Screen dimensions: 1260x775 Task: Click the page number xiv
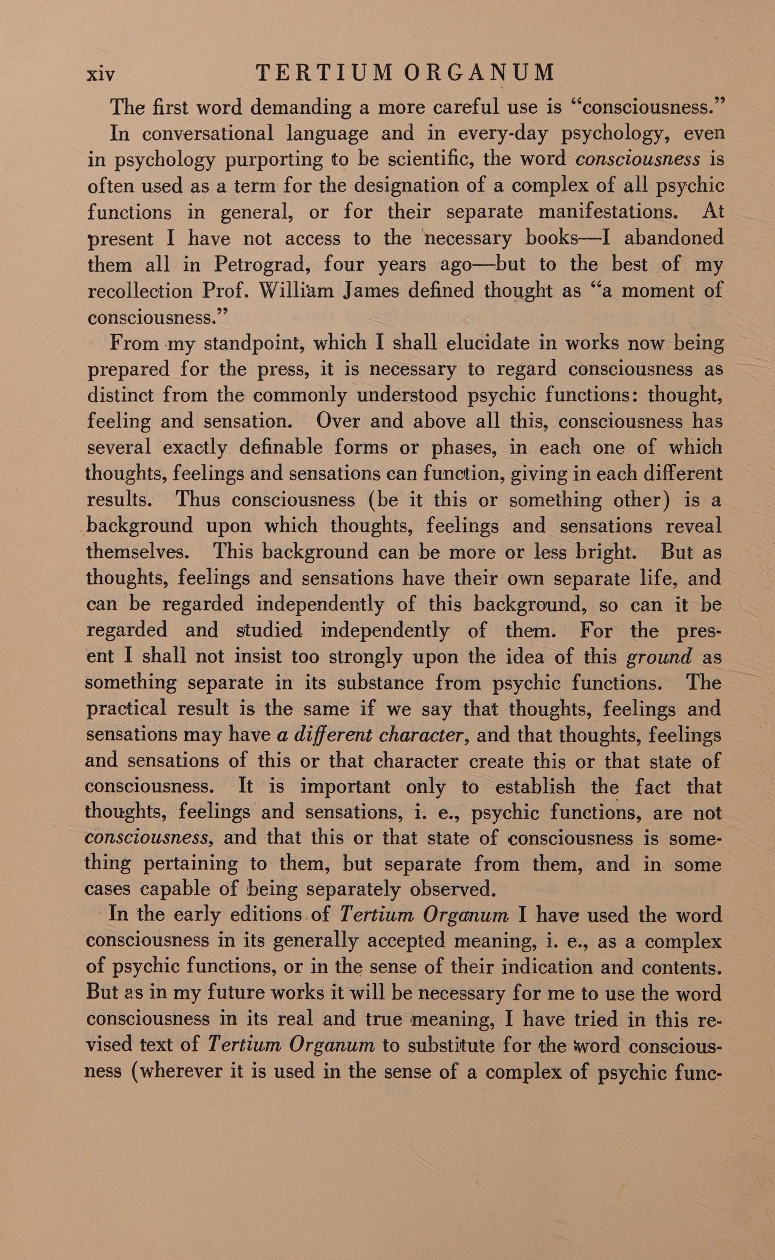click(x=101, y=74)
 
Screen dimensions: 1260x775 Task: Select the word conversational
click(x=207, y=134)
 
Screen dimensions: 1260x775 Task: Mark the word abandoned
click(x=673, y=238)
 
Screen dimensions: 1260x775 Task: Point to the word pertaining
click(x=191, y=865)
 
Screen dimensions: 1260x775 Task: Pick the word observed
click(x=452, y=890)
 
